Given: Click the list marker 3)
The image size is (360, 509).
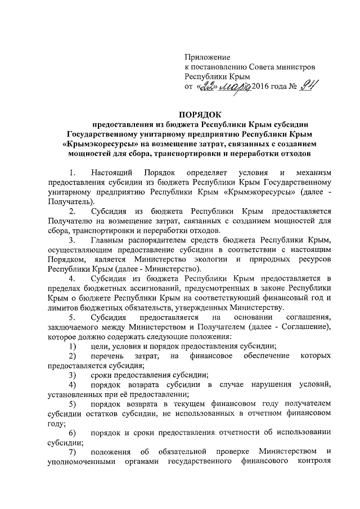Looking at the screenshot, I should pyautogui.click(x=72, y=375).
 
